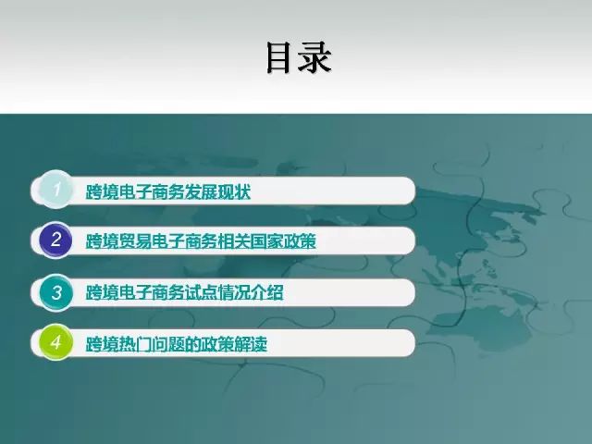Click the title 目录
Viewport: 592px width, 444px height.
click(x=299, y=57)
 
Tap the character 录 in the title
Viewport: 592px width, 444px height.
click(x=314, y=57)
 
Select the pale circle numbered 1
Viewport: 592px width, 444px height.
click(x=55, y=190)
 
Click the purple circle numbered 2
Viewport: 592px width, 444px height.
click(x=55, y=240)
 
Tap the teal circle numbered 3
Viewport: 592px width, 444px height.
click(x=55, y=292)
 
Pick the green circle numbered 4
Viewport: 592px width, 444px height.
click(x=55, y=342)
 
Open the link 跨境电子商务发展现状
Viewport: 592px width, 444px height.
click(x=168, y=191)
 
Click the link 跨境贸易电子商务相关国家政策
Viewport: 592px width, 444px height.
click(x=201, y=241)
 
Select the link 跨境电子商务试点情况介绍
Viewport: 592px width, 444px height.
click(x=185, y=292)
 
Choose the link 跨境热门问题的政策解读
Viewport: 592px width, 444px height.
click(x=177, y=344)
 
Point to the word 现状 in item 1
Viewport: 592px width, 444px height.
click(x=234, y=191)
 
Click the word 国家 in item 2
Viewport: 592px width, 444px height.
click(x=267, y=241)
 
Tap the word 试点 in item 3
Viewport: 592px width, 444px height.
click(x=202, y=292)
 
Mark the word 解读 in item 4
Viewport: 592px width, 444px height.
click(x=251, y=344)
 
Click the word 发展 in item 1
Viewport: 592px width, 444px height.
click(x=202, y=191)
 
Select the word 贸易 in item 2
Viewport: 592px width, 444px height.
click(x=135, y=241)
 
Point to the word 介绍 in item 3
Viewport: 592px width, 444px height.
click(x=267, y=292)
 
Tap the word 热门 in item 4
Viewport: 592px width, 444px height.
click(x=135, y=344)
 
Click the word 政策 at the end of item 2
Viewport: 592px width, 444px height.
click(x=300, y=241)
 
